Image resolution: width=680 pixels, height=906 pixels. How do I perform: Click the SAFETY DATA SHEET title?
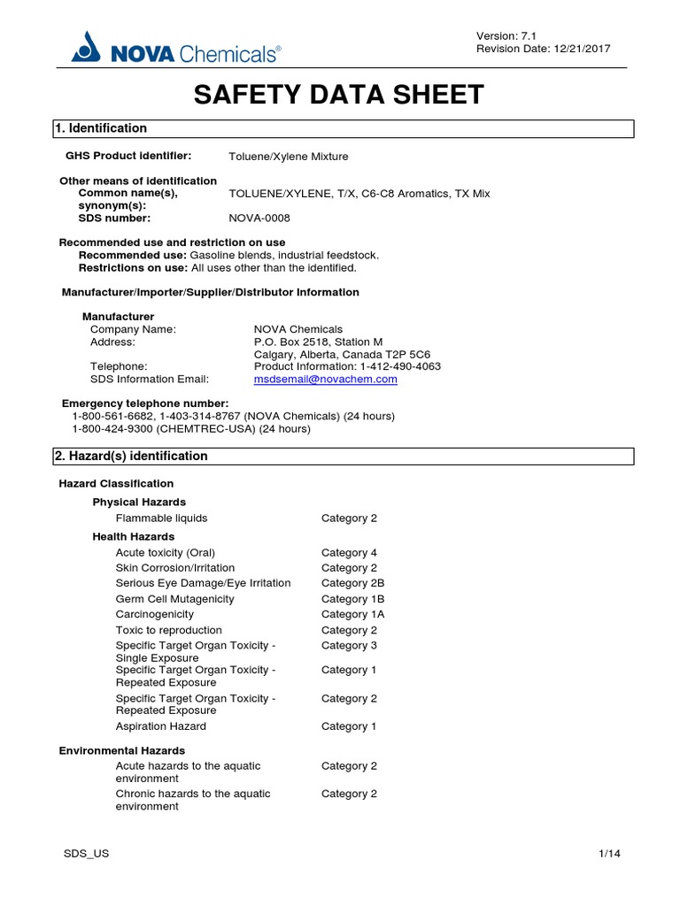pyautogui.click(x=339, y=95)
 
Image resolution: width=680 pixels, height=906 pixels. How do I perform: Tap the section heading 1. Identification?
pyautogui.click(x=101, y=128)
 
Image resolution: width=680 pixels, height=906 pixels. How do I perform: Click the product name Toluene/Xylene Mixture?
pyautogui.click(x=289, y=157)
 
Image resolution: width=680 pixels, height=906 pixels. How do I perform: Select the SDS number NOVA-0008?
pyautogui.click(x=259, y=218)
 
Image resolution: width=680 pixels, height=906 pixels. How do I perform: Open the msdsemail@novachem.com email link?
pyautogui.click(x=325, y=379)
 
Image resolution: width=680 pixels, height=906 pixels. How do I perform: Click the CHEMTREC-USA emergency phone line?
pyautogui.click(x=191, y=429)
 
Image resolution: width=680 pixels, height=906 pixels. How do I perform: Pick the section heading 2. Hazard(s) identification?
pyautogui.click(x=131, y=457)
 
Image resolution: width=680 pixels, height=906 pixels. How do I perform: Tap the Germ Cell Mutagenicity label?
pyautogui.click(x=174, y=599)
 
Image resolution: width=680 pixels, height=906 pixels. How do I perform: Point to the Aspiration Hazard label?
pyautogui.click(x=160, y=726)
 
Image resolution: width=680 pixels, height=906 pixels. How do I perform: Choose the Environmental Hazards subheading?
pyautogui.click(x=122, y=750)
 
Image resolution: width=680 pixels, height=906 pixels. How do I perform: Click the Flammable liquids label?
pyautogui.click(x=161, y=518)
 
